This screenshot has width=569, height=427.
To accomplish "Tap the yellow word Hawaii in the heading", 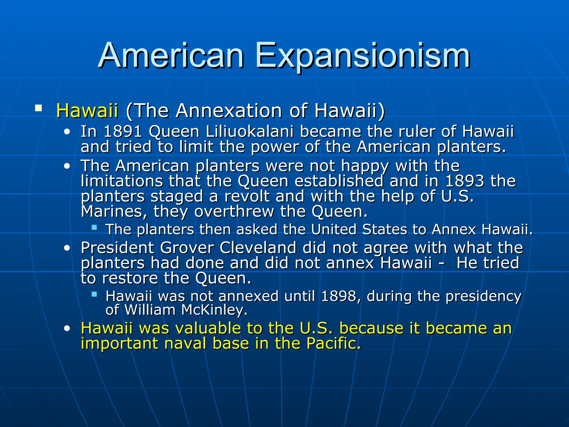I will pos(87,111).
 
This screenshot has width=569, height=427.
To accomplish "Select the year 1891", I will pos(123,131).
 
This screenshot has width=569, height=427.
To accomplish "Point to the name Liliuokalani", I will pos(249,131).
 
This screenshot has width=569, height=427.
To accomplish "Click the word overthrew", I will pos(234,212).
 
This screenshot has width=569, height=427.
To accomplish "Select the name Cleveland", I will pos(258,248).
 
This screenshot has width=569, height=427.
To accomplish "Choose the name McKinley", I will pos(214,310).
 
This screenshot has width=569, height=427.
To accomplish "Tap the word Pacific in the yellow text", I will pos(333,344).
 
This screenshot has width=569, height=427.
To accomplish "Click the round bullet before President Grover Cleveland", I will pos(67,248).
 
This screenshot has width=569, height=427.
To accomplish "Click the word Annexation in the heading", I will pos(229,111).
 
